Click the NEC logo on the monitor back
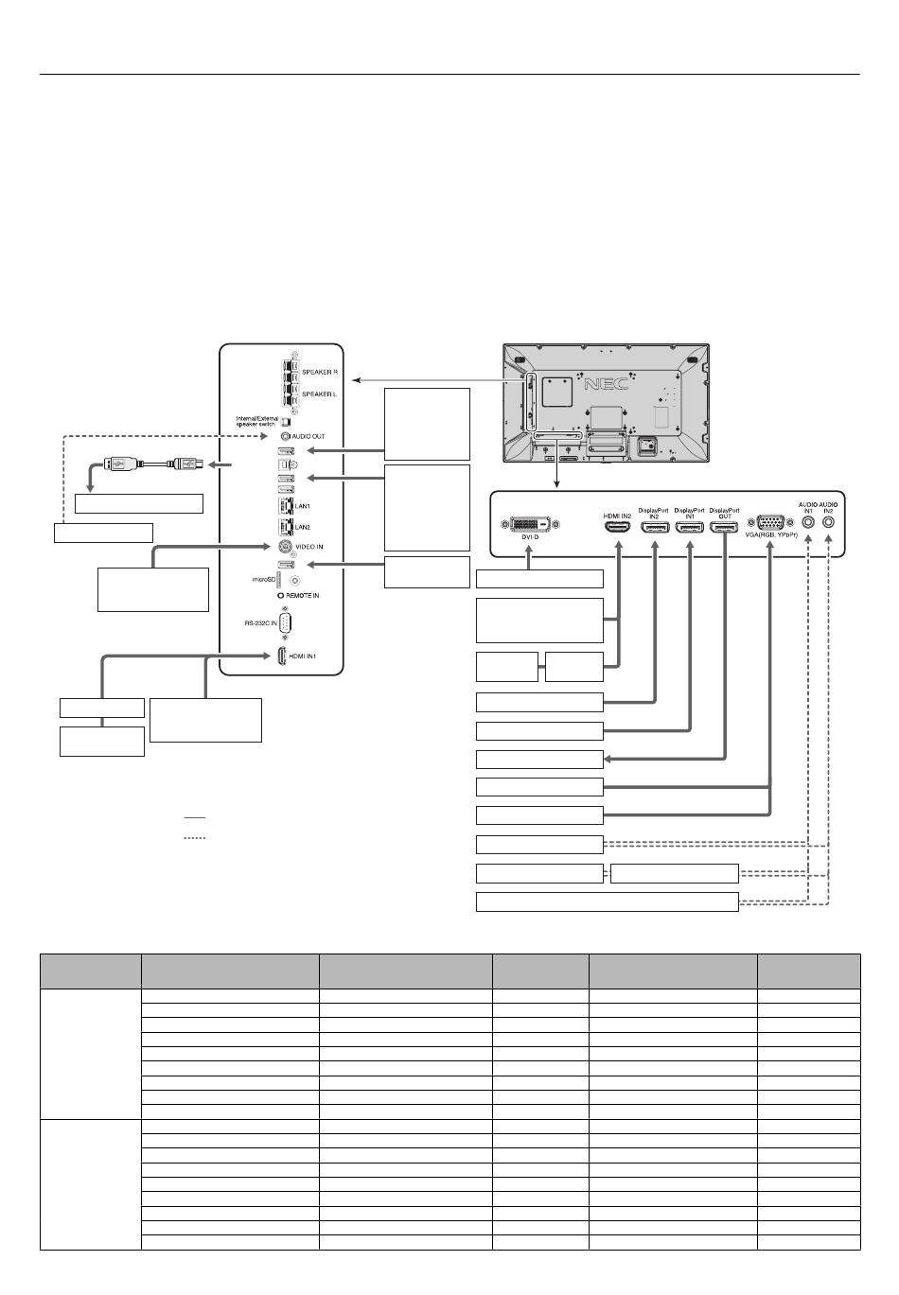point(606,385)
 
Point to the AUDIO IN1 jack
point(808,520)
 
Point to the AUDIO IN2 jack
point(829,520)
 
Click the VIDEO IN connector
point(284,546)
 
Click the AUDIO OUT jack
point(284,436)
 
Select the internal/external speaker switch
point(287,421)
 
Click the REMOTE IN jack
point(281,595)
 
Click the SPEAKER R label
point(319,373)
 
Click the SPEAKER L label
point(319,394)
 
